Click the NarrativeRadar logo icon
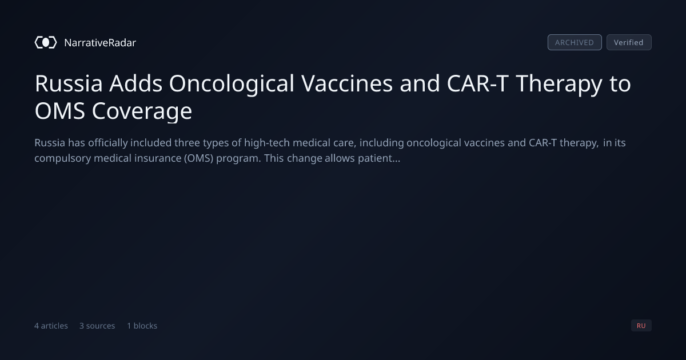click(x=46, y=42)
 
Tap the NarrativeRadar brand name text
click(x=100, y=43)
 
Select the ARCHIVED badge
click(x=575, y=42)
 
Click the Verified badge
click(x=629, y=42)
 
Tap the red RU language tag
click(x=641, y=325)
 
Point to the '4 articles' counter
click(x=51, y=326)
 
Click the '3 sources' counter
click(x=97, y=326)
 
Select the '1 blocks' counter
click(x=142, y=326)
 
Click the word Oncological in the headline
click(x=232, y=84)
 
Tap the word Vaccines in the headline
click(x=347, y=83)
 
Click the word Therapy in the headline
click(x=559, y=84)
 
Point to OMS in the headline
click(x=59, y=111)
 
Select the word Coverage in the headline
click(x=142, y=111)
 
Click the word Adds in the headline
click(x=135, y=83)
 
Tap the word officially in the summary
click(x=108, y=143)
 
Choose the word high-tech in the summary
click(x=267, y=143)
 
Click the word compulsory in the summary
click(x=62, y=159)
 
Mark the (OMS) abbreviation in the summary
click(x=198, y=158)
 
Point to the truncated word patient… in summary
click(x=379, y=158)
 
